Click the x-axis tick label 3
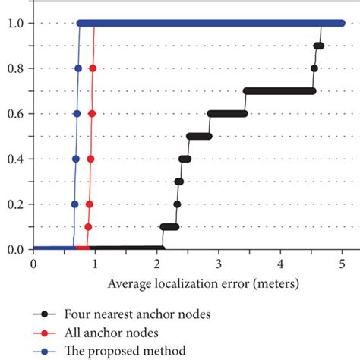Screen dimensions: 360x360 [x=219, y=264]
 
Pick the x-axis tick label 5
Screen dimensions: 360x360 [x=343, y=264]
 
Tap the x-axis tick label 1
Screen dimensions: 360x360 [x=95, y=264]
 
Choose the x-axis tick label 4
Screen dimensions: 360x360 [x=281, y=264]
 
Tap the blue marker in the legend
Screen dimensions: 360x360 [x=46, y=351]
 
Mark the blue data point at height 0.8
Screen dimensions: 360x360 [x=78, y=68]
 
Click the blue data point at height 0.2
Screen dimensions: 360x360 [x=74, y=204]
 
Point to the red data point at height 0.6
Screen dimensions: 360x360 [x=92, y=114]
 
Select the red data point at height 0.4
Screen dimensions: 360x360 [x=91, y=159]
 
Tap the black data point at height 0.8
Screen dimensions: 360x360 [x=314, y=68]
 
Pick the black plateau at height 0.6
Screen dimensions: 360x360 [x=227, y=114]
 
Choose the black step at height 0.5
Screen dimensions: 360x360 [x=199, y=137]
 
